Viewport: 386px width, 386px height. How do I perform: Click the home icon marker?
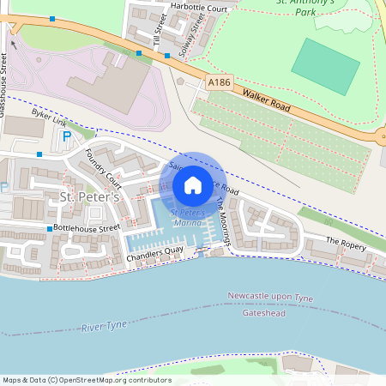(x=193, y=185)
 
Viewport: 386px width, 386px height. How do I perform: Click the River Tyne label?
(x=104, y=327)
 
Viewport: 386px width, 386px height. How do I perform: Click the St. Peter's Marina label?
(x=187, y=217)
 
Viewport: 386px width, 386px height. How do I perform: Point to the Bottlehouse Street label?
(x=87, y=229)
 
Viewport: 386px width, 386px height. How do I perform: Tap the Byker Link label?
(x=49, y=117)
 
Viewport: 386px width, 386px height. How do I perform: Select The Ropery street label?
(x=346, y=244)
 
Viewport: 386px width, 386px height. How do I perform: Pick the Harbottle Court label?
(x=198, y=9)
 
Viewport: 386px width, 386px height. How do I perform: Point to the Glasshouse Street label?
(x=4, y=77)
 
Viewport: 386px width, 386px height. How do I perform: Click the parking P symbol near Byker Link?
(x=67, y=136)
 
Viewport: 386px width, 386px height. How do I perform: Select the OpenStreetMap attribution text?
(x=87, y=380)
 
